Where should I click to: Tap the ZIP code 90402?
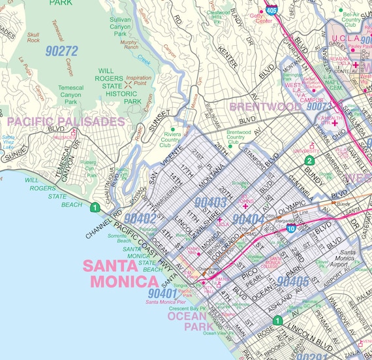140,219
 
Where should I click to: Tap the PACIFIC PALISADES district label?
65,122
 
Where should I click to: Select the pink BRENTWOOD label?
264,106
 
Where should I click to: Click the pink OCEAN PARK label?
190,321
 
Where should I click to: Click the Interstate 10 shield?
291,229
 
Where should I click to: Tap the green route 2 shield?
311,160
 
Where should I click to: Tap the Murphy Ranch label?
129,44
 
